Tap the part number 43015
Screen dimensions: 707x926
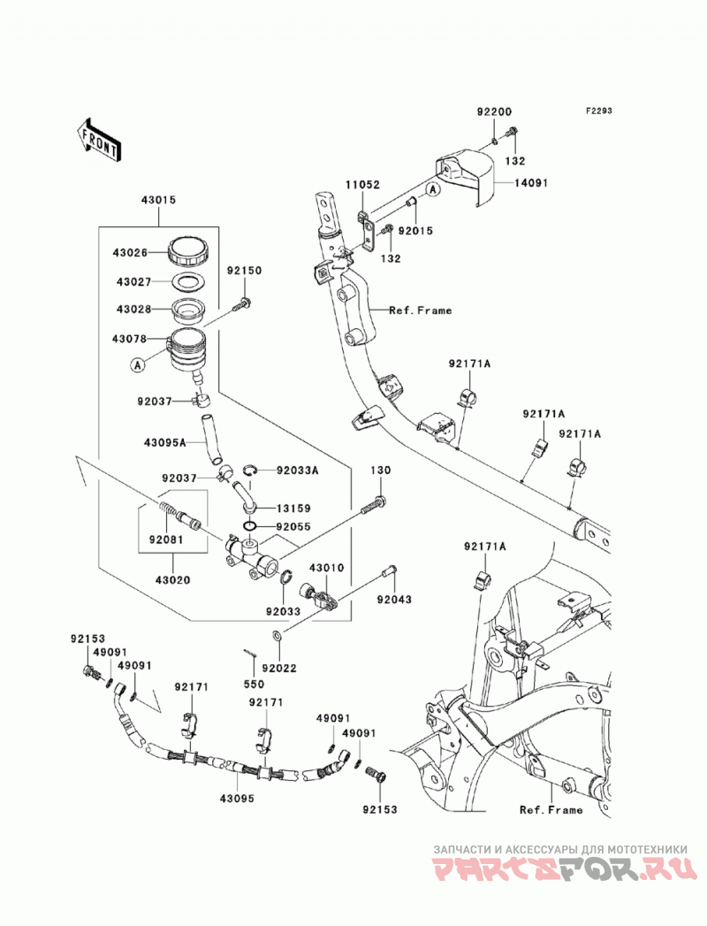click(158, 200)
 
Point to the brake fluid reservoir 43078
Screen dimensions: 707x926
click(186, 351)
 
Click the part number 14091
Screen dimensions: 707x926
click(530, 183)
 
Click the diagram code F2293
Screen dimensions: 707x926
click(598, 111)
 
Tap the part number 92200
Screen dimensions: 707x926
click(494, 112)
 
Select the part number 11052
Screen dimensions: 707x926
click(362, 185)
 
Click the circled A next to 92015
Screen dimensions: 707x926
click(433, 189)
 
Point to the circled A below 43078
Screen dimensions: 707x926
click(137, 365)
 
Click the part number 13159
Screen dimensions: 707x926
click(293, 509)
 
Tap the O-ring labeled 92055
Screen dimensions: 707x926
click(250, 527)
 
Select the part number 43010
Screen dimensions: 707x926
click(326, 568)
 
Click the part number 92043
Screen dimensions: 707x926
click(394, 600)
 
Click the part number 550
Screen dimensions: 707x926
click(255, 685)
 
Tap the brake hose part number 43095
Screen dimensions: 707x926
click(237, 799)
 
